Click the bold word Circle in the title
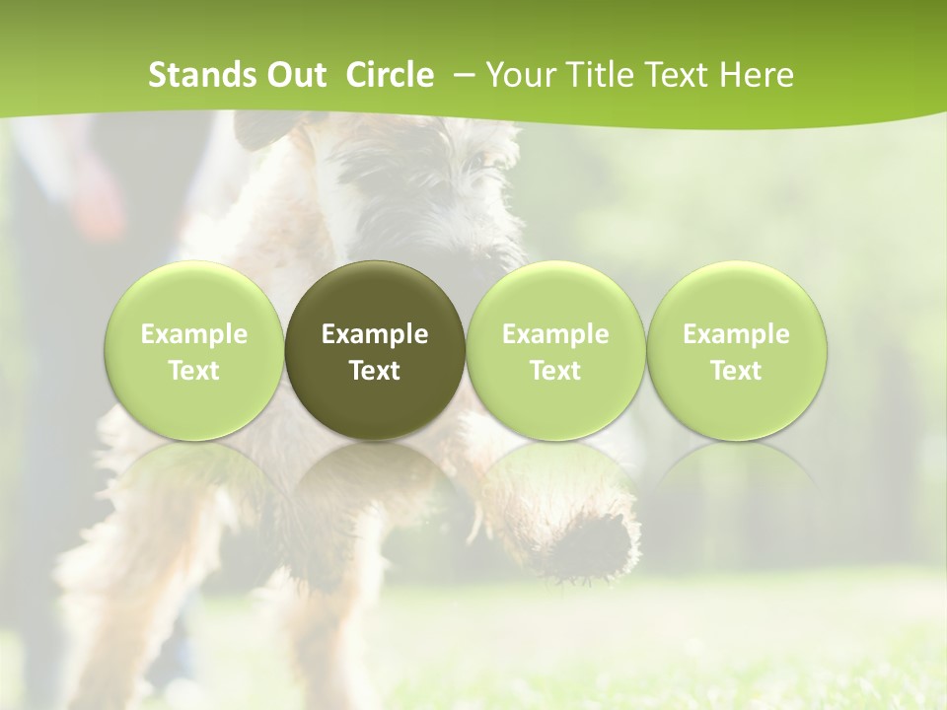click(x=390, y=75)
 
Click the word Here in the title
click(x=758, y=75)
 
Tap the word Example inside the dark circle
click(x=375, y=334)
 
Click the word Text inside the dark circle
click(x=375, y=371)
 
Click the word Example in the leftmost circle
click(x=194, y=334)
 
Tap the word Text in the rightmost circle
click(x=736, y=371)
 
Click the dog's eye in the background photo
click(x=476, y=158)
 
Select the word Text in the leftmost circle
click(x=194, y=371)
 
